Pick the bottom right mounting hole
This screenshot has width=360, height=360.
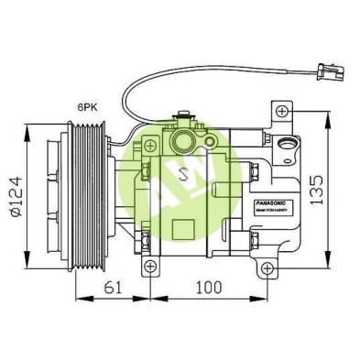266,267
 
